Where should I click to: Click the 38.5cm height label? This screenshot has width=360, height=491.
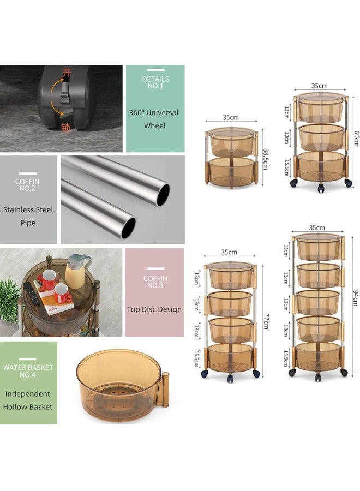(x=266, y=159)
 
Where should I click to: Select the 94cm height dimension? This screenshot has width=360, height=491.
(x=355, y=298)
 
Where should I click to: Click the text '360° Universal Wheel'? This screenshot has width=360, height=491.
(x=154, y=119)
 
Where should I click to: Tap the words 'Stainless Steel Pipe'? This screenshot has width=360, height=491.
(x=28, y=216)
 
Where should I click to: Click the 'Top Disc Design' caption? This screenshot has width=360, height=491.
(x=154, y=309)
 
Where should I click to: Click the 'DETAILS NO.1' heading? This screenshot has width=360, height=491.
(x=155, y=82)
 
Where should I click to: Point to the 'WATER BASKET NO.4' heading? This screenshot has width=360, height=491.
(x=28, y=371)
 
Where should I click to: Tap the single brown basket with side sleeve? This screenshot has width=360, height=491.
(x=121, y=384)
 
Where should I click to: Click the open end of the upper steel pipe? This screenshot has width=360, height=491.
(x=163, y=195)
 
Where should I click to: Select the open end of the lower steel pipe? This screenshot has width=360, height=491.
(x=128, y=227)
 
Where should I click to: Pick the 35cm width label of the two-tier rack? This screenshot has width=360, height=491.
(x=230, y=117)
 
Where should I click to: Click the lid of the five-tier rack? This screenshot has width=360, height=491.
(x=319, y=237)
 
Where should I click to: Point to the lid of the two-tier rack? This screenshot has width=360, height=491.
(x=231, y=131)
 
